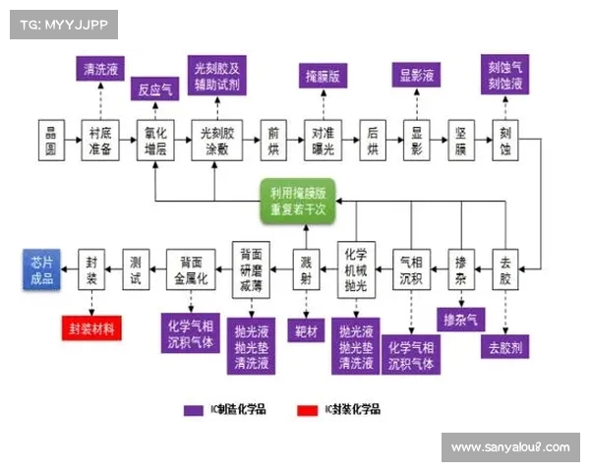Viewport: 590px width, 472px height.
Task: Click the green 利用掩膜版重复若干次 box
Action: [299, 201]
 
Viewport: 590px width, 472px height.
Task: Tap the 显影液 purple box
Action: [417, 74]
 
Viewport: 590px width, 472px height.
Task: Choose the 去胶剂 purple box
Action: [505, 346]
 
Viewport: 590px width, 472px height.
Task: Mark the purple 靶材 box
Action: [305, 328]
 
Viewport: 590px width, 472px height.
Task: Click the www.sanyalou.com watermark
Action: [510, 447]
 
